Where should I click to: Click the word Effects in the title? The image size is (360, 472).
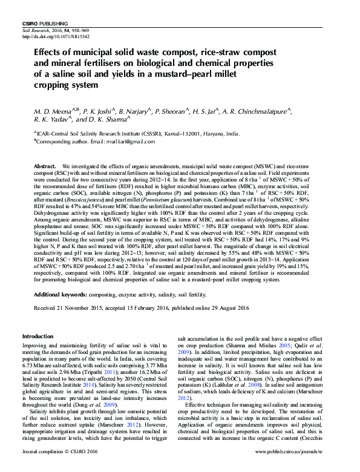(48, 53)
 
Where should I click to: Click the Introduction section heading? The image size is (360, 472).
(38, 336)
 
